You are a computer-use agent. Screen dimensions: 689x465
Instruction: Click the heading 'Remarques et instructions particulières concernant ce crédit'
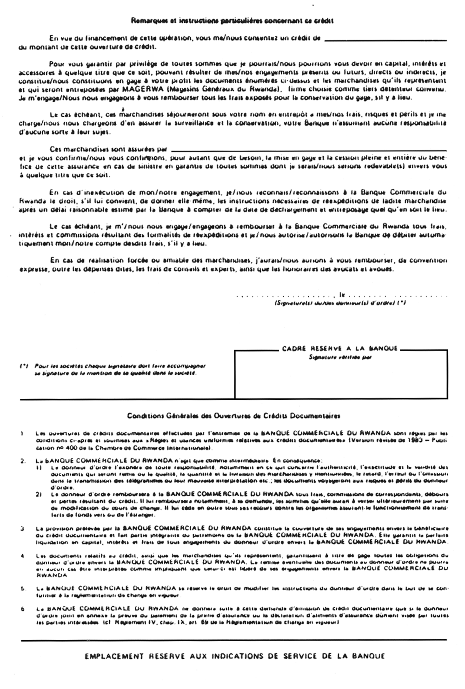coord(232,20)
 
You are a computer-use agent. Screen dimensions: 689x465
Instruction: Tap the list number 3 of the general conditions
coord(23,529)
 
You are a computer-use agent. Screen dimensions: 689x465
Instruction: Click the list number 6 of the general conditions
coord(23,608)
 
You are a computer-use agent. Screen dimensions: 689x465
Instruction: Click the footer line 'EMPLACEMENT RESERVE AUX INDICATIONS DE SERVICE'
coord(235,656)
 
